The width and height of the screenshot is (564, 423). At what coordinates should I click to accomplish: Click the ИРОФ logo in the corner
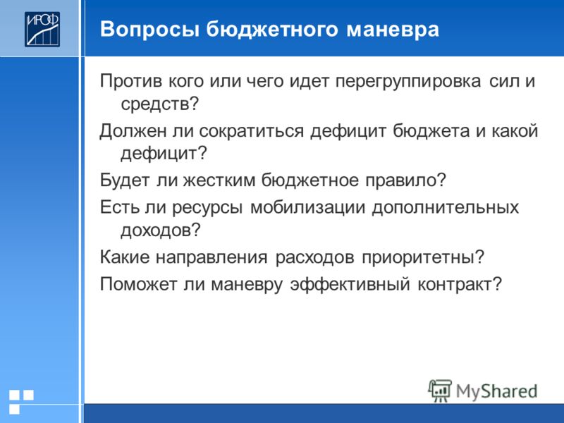pos(42,29)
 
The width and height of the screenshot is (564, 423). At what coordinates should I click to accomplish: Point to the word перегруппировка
pos(408,82)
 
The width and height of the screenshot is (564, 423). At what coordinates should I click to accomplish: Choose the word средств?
pos(160,104)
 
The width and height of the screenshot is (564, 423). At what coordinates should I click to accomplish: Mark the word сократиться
pos(251,131)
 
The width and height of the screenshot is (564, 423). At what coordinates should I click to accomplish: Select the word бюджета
pos(431,131)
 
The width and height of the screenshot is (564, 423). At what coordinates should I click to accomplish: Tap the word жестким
pos(219,180)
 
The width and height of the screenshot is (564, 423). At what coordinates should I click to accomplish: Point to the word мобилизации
pos(307,208)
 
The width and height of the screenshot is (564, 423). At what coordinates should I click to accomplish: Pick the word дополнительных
pos(446,208)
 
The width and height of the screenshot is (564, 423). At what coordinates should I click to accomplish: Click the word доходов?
pos(161,231)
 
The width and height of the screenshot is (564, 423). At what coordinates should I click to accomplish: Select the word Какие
pos(125,257)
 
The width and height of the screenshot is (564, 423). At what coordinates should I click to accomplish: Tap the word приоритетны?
pos(424,258)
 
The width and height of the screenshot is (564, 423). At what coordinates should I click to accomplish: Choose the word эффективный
pos(350,284)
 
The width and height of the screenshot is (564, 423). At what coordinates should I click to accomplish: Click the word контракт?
pos(460,285)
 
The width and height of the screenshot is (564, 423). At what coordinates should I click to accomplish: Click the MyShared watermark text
pos(497,391)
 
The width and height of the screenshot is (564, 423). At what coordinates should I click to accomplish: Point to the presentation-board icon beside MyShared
pos(440,391)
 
